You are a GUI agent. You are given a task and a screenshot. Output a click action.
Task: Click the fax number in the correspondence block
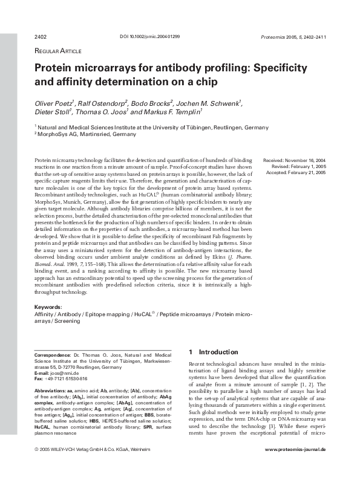[x=61, y=378]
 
